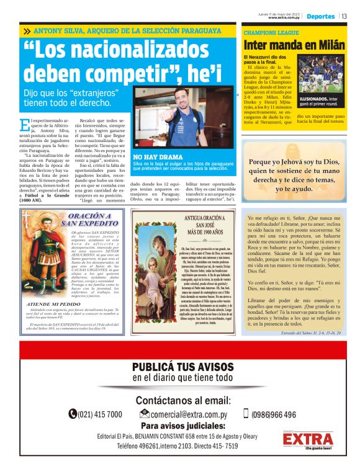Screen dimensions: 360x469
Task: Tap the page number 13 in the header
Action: coord(344,16)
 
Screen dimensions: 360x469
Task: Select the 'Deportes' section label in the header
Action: coord(320,16)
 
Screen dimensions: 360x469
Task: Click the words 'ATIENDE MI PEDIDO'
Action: coord(52,305)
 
